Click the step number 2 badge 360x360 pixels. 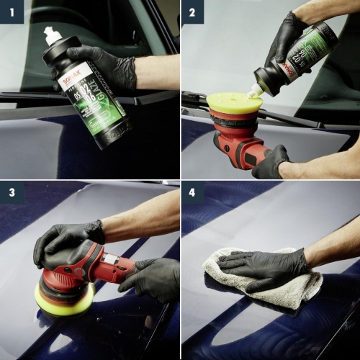click(x=192, y=12)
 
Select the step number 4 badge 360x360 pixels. click(x=192, y=192)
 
